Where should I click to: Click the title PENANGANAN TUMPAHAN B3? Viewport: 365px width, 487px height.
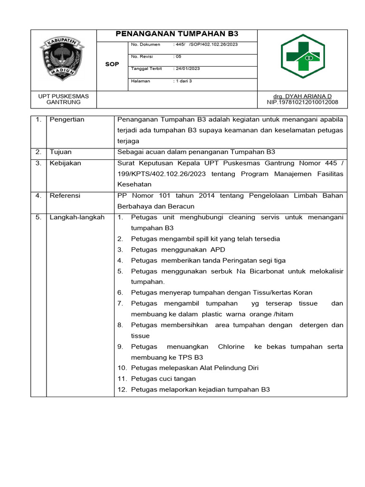(x=177, y=34)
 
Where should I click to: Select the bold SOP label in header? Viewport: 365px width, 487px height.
(x=112, y=64)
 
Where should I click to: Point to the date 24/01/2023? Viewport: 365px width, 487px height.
(x=188, y=68)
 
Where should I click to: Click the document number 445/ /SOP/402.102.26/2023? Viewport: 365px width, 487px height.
(x=207, y=44)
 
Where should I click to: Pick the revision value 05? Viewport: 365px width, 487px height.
(x=179, y=56)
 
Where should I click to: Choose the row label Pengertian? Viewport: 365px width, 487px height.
(x=67, y=119)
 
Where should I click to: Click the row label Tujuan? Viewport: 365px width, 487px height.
(x=61, y=152)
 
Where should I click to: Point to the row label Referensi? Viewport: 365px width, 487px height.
(x=65, y=195)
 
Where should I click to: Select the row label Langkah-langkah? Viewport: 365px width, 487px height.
(x=77, y=217)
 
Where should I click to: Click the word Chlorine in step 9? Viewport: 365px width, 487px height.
(x=231, y=347)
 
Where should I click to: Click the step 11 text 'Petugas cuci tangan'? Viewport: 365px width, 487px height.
(x=163, y=379)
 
